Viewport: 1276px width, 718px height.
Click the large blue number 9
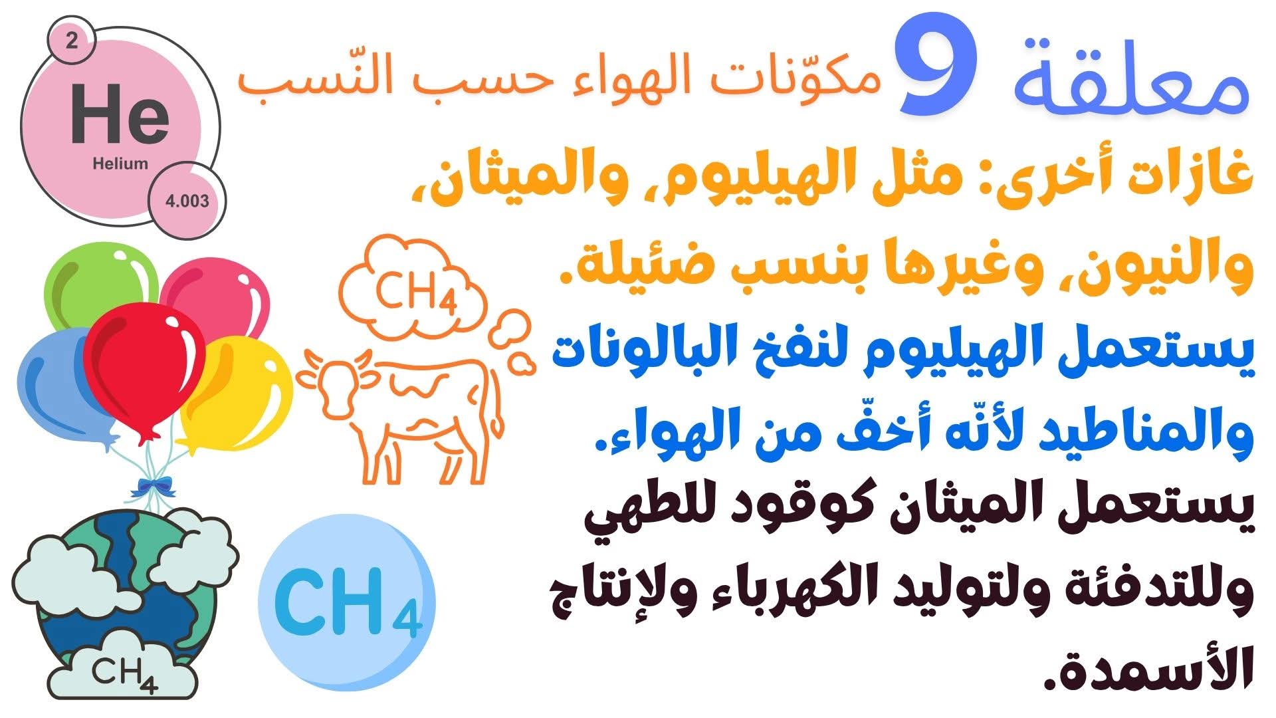tap(936, 70)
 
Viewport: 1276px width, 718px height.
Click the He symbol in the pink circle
tap(120, 114)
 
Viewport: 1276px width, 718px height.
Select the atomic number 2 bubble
tap(71, 42)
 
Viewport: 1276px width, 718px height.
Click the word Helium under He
tap(120, 164)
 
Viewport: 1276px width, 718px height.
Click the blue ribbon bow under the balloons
tap(152, 487)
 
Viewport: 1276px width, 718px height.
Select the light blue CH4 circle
tap(346, 603)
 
